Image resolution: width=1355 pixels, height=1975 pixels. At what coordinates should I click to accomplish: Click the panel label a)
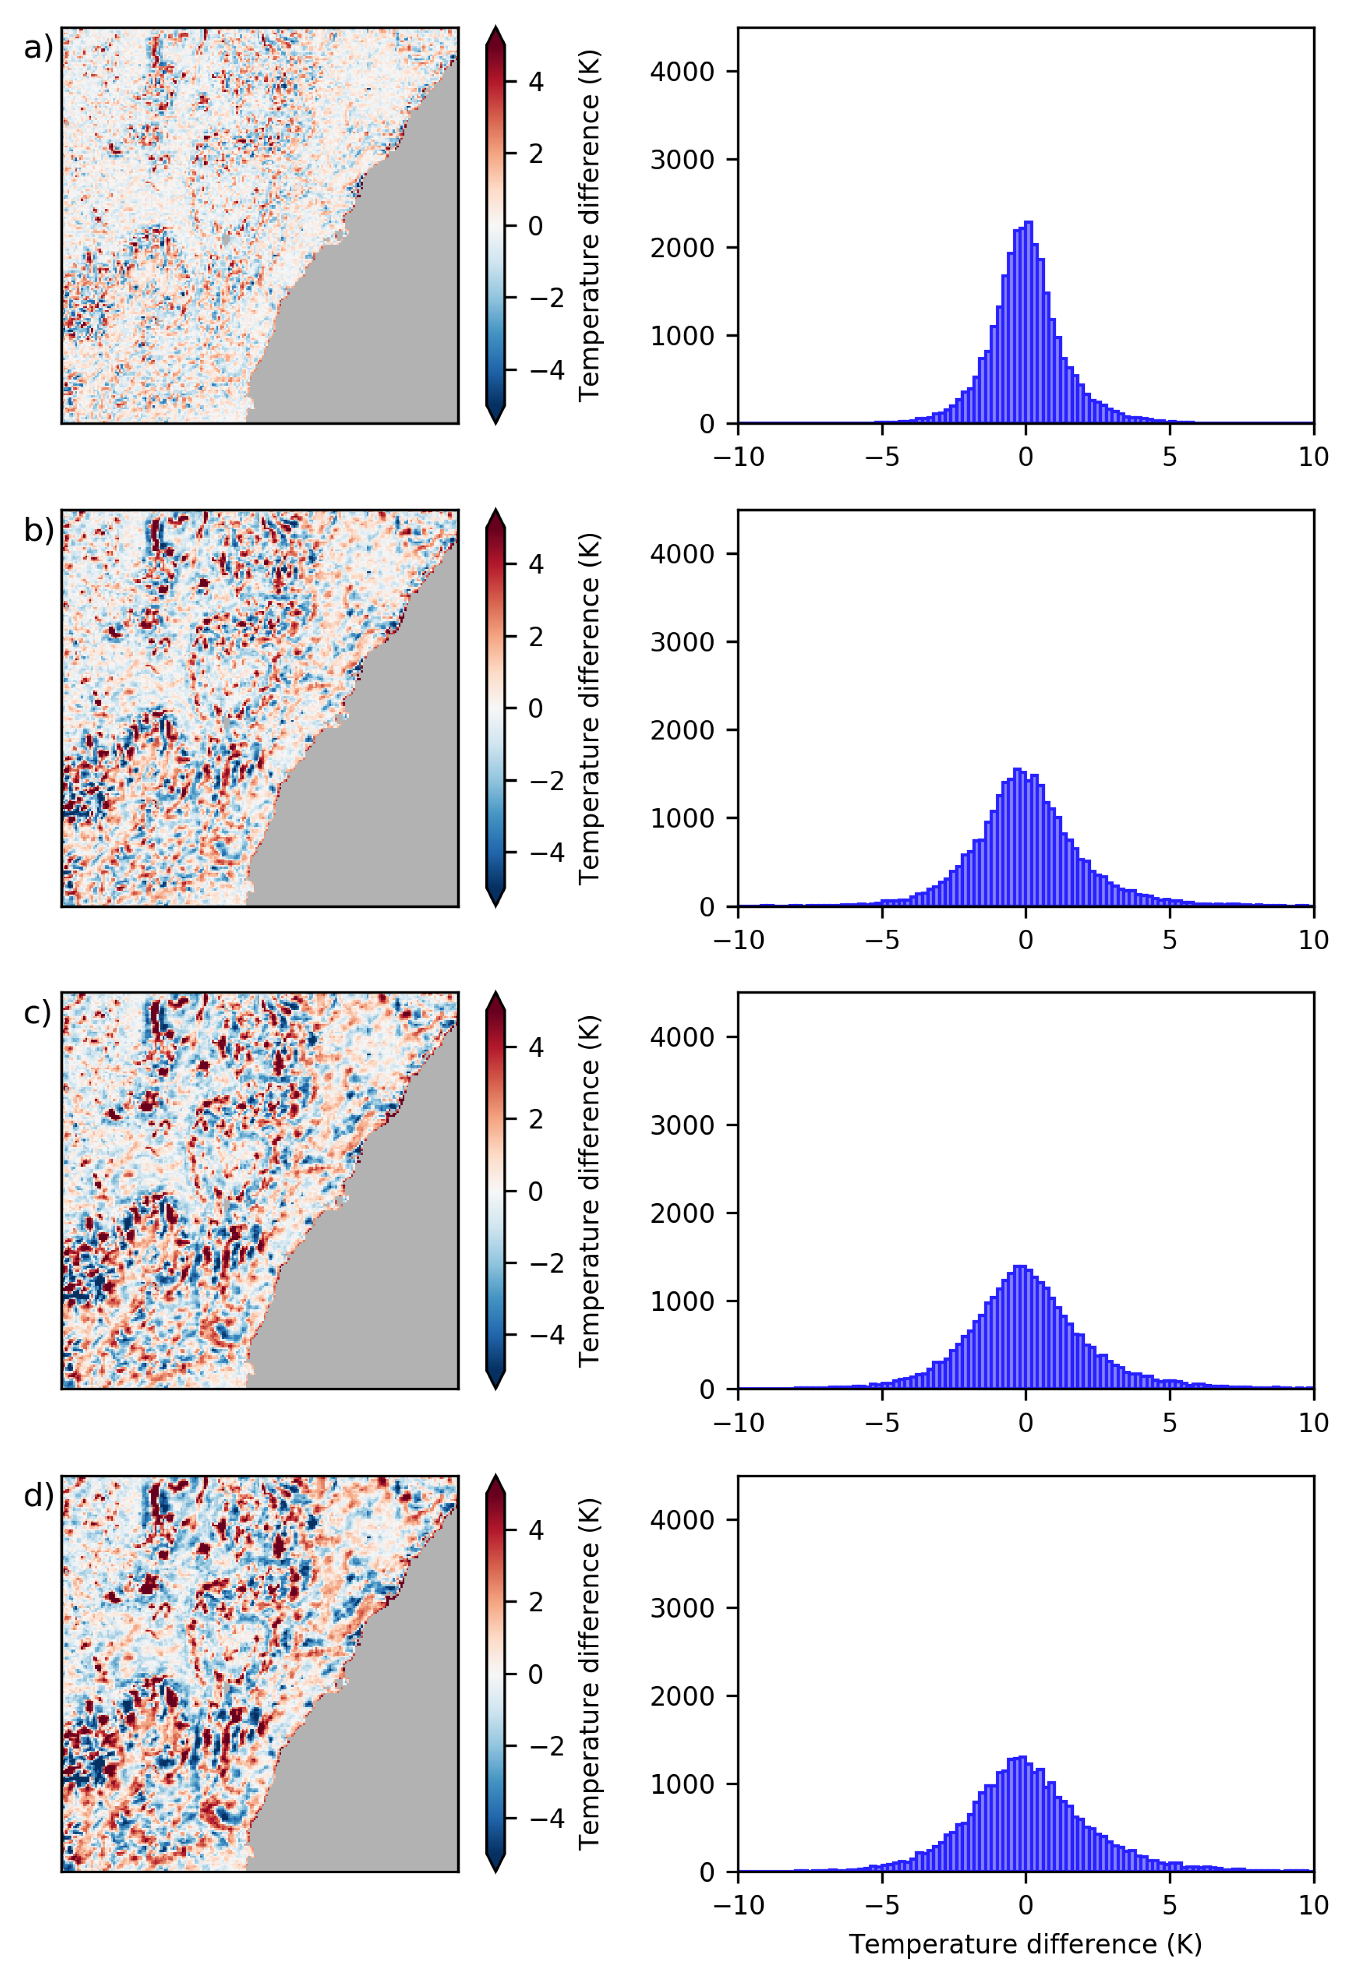[x=38, y=49]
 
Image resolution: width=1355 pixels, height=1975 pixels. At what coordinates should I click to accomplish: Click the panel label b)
[x=38, y=531]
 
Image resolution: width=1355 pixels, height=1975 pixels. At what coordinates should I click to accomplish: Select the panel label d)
[x=38, y=1496]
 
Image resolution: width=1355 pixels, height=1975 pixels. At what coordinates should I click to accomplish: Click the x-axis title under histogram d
[x=1025, y=1945]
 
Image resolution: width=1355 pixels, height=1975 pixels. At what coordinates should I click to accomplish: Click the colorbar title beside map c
[x=589, y=1190]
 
